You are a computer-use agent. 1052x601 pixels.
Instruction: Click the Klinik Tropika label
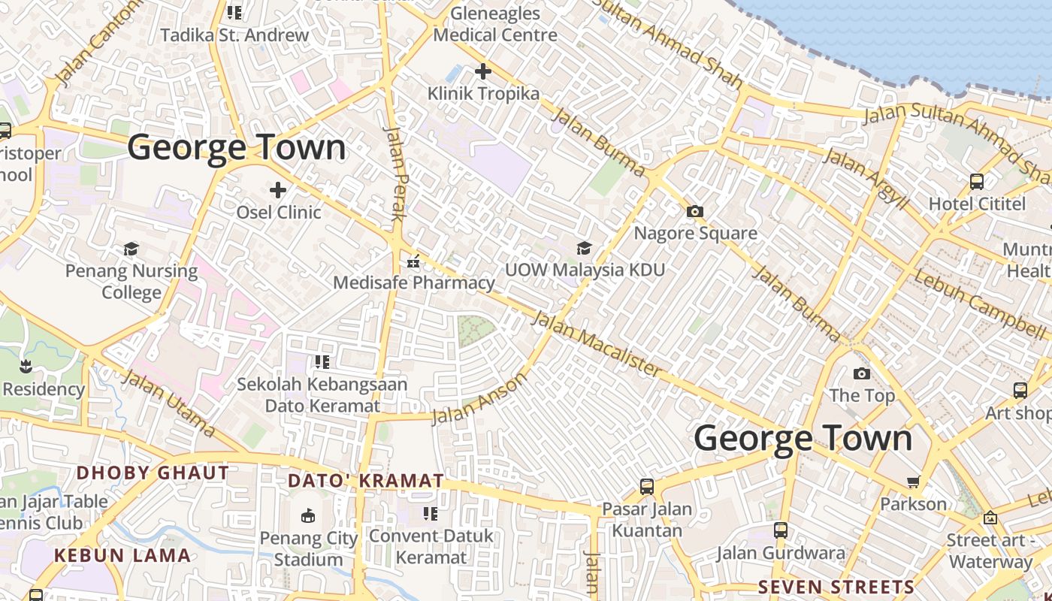[x=483, y=94]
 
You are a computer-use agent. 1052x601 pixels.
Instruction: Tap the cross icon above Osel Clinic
[x=278, y=190]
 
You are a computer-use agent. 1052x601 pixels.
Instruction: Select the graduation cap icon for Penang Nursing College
[x=131, y=249]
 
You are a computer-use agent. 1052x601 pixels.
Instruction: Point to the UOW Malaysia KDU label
[x=585, y=269]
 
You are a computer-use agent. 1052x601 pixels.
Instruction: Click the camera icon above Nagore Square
[x=695, y=211]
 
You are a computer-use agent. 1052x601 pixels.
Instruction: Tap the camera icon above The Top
[x=862, y=373]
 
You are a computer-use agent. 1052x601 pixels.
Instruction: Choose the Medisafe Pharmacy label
[x=413, y=282]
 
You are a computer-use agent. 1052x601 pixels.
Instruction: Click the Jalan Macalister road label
[x=597, y=344]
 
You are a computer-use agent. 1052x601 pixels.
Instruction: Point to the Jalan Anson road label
[x=480, y=399]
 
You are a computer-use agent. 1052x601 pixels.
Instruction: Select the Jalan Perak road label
[x=395, y=172]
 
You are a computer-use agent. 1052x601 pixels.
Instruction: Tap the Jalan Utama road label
[x=168, y=403]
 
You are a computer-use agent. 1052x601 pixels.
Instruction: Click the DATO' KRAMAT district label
[x=366, y=481]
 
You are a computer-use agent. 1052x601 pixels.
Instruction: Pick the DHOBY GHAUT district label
[x=153, y=473]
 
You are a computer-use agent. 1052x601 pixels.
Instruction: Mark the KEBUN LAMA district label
[x=122, y=556]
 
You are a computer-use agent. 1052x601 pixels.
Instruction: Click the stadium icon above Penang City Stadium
[x=308, y=516]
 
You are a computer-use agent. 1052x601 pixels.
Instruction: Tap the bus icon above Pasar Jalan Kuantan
[x=646, y=487]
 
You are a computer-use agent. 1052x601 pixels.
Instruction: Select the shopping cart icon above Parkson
[x=913, y=482]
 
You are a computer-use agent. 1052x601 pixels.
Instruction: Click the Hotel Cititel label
[x=977, y=204]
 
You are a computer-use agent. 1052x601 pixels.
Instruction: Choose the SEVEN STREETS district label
[x=836, y=587]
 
